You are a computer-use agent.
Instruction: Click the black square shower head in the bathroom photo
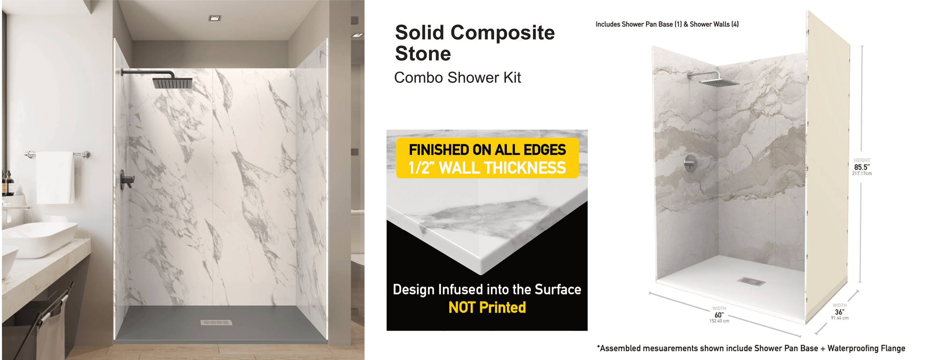172,83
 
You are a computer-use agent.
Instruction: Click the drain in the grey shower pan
216,323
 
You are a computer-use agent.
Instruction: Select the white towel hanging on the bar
55,177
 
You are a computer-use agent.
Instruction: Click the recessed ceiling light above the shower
215,18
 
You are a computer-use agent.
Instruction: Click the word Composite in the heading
502,33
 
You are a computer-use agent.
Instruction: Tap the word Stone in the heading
423,53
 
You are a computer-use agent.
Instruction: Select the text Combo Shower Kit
457,78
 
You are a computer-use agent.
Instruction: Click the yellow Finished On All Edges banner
487,158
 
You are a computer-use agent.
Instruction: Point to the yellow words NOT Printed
487,308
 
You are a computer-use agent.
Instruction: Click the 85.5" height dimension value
862,167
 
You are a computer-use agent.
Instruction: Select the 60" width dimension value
719,315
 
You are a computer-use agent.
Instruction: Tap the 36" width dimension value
840,312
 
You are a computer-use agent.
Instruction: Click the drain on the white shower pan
752,281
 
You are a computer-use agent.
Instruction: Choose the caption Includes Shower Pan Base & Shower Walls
667,24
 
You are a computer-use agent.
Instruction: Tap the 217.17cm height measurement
862,174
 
